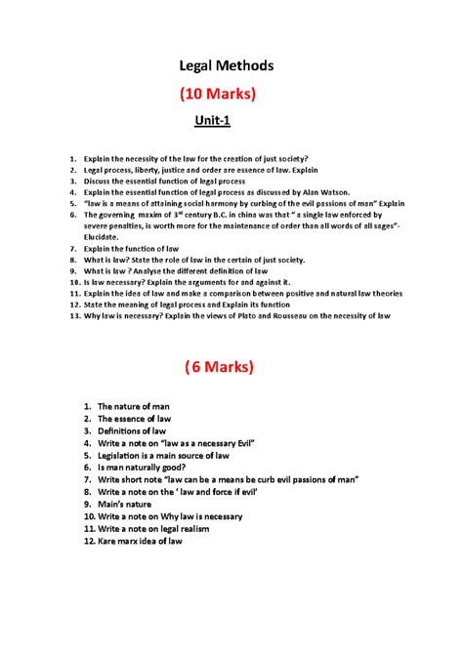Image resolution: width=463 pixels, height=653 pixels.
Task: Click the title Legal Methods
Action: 226,65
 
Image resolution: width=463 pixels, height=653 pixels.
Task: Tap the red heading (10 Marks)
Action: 226,95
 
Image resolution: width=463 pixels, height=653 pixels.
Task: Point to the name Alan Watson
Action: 330,192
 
